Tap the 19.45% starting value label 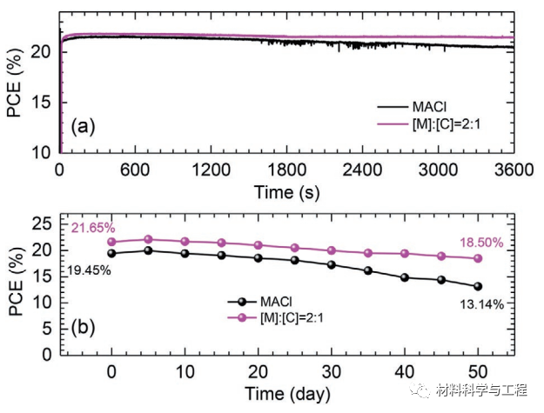89,271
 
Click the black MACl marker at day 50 478,286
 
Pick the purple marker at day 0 112,242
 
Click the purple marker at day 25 295,248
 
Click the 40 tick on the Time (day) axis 405,371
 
